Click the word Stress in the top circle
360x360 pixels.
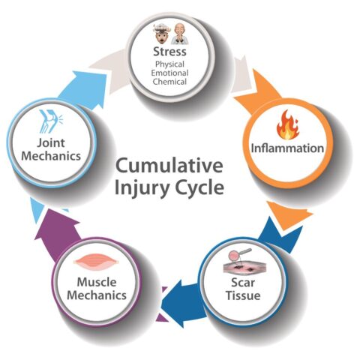(x=169, y=52)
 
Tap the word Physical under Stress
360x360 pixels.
(x=169, y=64)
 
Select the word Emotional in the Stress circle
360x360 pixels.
(x=169, y=73)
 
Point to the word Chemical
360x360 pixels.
(x=169, y=82)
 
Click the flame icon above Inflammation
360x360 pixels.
(x=287, y=124)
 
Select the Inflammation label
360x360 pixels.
(x=287, y=148)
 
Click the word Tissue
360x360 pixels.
(x=243, y=295)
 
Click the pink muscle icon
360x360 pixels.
(x=96, y=262)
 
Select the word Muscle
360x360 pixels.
(x=97, y=282)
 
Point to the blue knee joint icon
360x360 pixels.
(x=51, y=121)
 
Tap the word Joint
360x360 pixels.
(x=51, y=143)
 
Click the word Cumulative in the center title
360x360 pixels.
(x=169, y=166)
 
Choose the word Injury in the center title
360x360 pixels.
(x=141, y=188)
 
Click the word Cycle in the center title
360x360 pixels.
(x=199, y=187)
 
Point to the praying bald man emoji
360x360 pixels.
(x=179, y=33)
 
